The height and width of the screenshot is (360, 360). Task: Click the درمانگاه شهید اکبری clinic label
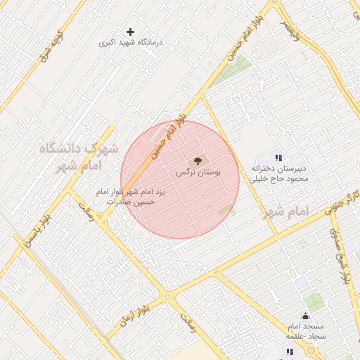pos(131,43)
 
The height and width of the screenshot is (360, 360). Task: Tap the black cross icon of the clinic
pos(130,32)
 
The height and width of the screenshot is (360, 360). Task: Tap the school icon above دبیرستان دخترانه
pos(279,158)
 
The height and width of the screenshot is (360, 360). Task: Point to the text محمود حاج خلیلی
pos(281,179)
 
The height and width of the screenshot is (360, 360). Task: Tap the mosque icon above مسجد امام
pos(305,316)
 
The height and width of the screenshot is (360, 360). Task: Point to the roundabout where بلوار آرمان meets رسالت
pos(169,297)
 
